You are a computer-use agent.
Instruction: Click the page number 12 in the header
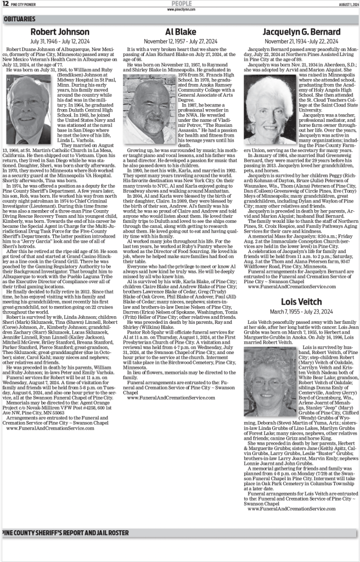[x=5, y=3]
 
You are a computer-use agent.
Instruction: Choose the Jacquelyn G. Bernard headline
[x=299, y=32]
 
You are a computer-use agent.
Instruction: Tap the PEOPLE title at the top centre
[x=179, y=3]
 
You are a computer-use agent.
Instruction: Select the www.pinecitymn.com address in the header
[x=179, y=9]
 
